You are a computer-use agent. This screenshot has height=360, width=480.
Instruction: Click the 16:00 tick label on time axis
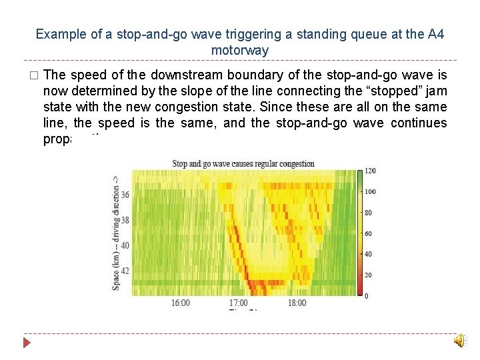tap(180, 303)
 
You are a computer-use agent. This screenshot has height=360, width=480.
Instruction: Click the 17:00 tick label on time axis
tap(239, 303)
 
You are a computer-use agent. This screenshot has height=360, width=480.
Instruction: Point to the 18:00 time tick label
tap(297, 303)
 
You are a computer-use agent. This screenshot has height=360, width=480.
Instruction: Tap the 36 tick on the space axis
tap(125, 195)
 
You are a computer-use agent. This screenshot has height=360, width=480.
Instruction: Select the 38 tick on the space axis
tap(125, 220)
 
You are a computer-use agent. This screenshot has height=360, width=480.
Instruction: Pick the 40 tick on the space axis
tap(125, 245)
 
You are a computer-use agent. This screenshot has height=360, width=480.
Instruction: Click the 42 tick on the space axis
tap(125, 270)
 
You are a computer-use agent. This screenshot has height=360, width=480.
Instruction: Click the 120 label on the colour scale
tap(371, 171)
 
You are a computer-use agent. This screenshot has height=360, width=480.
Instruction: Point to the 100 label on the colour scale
tap(371, 192)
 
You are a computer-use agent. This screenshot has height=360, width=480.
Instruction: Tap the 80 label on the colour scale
tap(369, 213)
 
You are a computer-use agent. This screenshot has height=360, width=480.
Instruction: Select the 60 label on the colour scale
tap(369, 233)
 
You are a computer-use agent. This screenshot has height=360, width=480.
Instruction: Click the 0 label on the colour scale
tap(367, 295)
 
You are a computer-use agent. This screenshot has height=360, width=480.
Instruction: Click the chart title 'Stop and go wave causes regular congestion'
tap(243, 163)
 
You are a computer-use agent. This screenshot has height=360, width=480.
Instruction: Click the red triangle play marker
tap(26, 343)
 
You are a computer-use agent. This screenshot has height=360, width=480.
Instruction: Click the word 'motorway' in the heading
tap(240, 50)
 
